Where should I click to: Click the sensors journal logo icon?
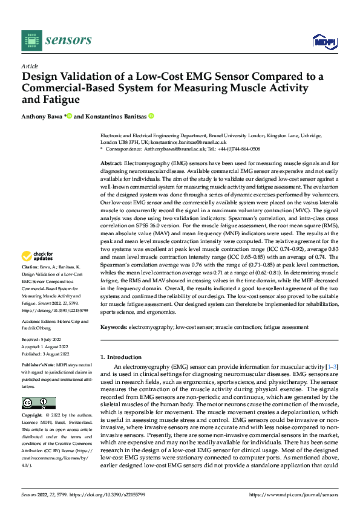point(31,41)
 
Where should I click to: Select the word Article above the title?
point(30,66)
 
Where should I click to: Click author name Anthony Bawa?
point(42,116)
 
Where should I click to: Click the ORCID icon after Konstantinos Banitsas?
point(151,116)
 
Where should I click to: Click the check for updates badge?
point(39,273)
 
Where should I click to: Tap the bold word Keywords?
point(114,326)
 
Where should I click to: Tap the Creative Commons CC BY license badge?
point(38,403)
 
